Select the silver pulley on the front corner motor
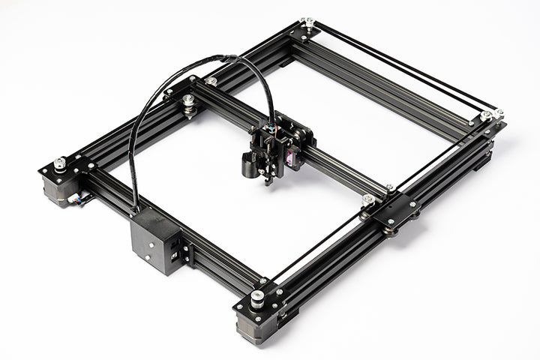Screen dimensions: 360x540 pyautogui.click(x=257, y=297)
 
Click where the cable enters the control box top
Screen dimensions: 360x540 pyautogui.click(x=137, y=212)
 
